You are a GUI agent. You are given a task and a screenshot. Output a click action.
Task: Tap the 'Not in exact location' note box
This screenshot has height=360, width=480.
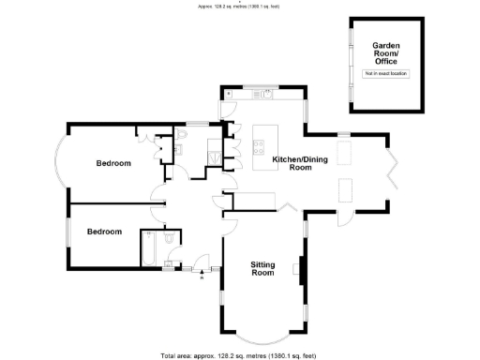[x=386, y=72]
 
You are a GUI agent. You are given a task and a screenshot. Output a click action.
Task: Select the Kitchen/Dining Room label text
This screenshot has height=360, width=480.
[x=292, y=163]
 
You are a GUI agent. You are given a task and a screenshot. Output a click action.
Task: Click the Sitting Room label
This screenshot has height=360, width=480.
[x=262, y=269]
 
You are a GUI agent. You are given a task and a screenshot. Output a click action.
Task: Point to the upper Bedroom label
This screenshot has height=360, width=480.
[x=113, y=163]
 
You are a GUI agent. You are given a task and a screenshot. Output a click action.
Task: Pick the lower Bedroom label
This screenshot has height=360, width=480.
[x=104, y=231]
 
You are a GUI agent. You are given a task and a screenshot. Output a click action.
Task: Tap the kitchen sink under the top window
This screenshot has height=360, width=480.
[x=266, y=94]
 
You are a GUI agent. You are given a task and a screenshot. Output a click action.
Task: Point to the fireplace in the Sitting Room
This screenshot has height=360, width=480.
[x=300, y=269]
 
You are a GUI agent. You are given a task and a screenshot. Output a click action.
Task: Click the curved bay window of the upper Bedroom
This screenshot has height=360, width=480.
[x=59, y=162]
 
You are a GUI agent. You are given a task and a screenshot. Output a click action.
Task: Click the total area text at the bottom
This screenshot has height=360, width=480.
[x=240, y=355]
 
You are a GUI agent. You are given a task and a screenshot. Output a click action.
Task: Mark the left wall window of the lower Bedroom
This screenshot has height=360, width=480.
[x=66, y=231]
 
